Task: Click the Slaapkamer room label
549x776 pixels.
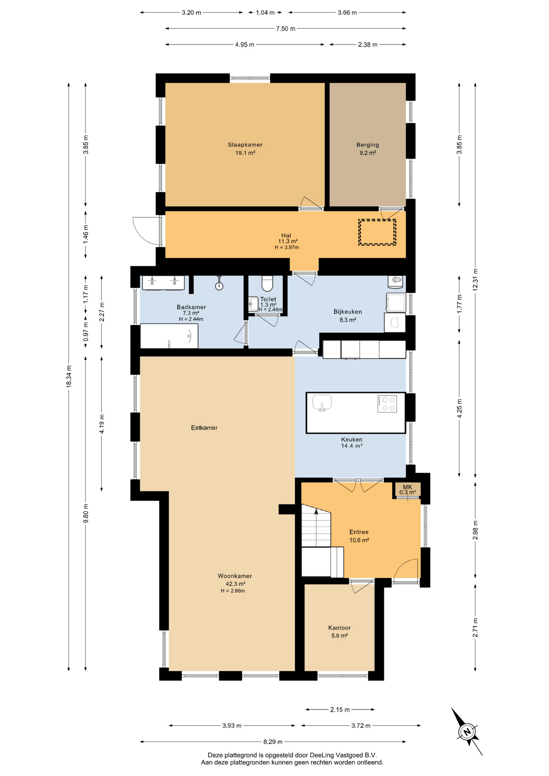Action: tap(245, 145)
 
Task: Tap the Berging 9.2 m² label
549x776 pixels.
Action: tap(367, 149)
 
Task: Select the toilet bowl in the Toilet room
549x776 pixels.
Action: tap(267, 283)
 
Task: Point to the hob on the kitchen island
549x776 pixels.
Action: tap(387, 403)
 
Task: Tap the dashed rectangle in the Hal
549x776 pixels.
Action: tap(377, 232)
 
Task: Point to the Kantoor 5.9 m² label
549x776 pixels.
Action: tap(339, 631)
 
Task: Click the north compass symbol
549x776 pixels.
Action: tap(467, 732)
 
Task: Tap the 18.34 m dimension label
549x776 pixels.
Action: tap(69, 377)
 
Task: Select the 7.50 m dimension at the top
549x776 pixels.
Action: tap(285, 29)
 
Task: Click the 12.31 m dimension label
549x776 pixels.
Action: tap(475, 279)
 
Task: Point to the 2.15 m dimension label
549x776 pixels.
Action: tap(340, 709)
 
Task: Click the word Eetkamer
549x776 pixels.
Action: tap(204, 428)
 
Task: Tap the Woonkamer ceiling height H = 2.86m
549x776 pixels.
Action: tap(233, 591)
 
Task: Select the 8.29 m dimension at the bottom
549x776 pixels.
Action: tap(273, 742)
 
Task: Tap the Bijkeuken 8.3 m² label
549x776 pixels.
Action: tap(348, 316)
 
